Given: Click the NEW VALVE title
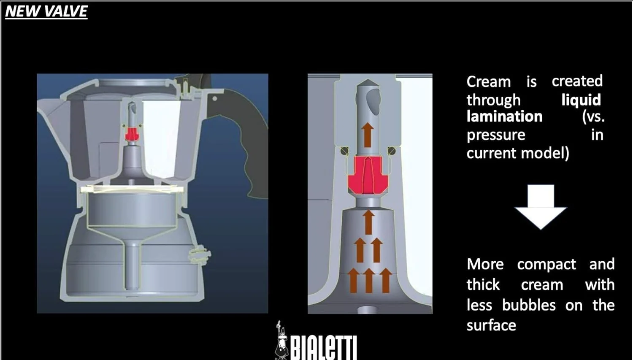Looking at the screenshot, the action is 46,11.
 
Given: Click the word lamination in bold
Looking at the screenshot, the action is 504,116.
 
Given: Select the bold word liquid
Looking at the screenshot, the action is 581,100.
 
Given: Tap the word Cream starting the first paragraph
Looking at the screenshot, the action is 489,81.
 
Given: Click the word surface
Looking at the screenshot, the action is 491,325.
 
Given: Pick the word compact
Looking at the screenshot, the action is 546,265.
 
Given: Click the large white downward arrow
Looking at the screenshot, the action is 541,207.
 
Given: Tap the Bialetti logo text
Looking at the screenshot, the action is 323,348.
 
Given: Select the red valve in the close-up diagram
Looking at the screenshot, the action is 368,175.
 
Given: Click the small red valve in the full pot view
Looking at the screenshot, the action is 132,134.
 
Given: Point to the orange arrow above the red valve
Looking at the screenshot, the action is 368,135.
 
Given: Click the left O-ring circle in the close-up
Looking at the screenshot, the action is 344,151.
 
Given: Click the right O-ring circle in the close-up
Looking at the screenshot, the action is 391,151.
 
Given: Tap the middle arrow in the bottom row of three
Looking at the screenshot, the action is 368,280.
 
